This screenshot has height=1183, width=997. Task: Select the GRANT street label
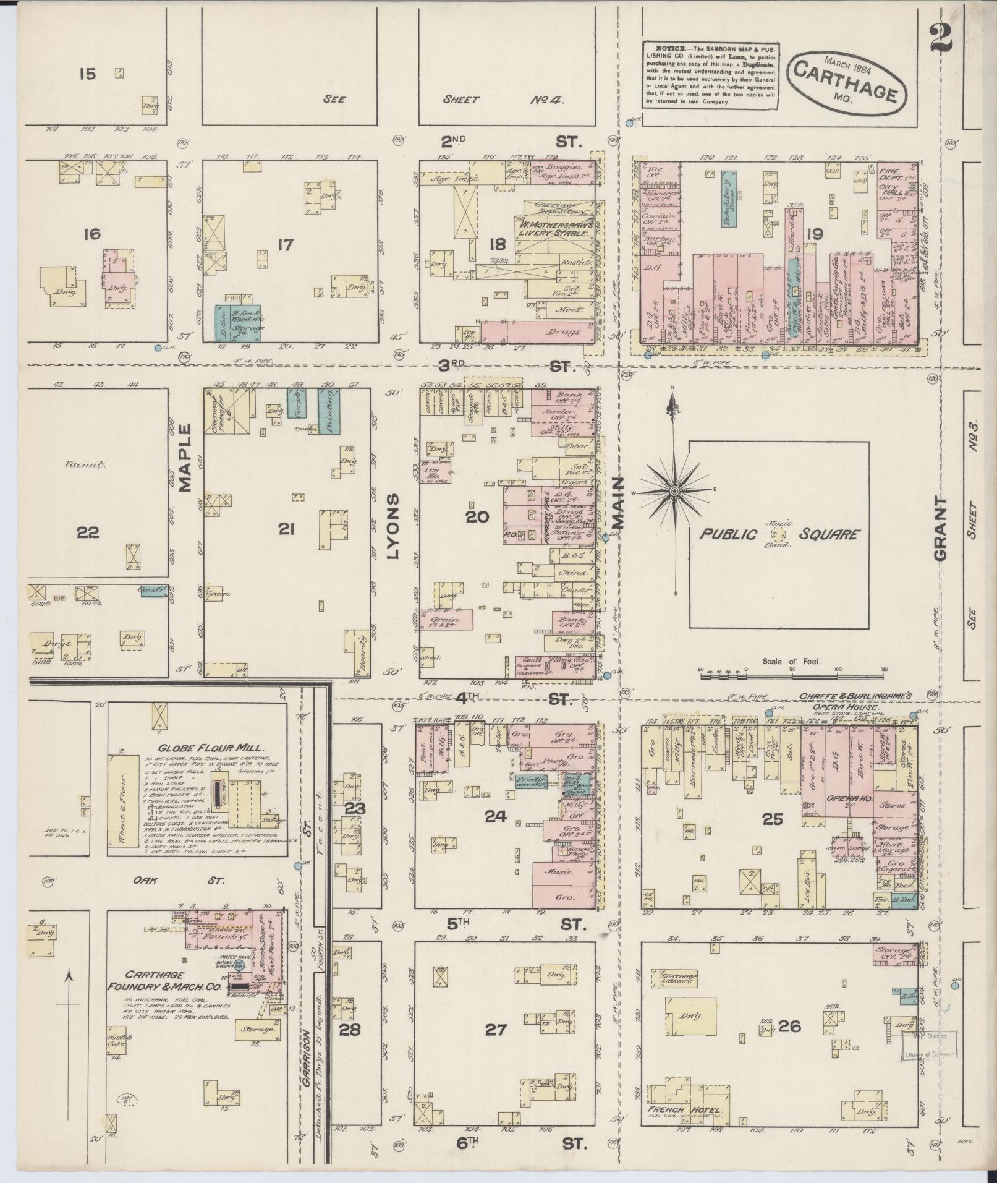coord(941,528)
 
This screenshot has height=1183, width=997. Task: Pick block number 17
coord(285,245)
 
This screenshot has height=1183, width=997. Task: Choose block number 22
coord(88,532)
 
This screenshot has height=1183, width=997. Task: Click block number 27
coord(496,1030)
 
